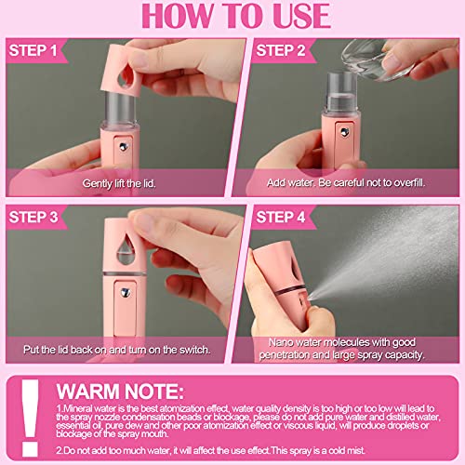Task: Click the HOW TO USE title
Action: coord(232,18)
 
